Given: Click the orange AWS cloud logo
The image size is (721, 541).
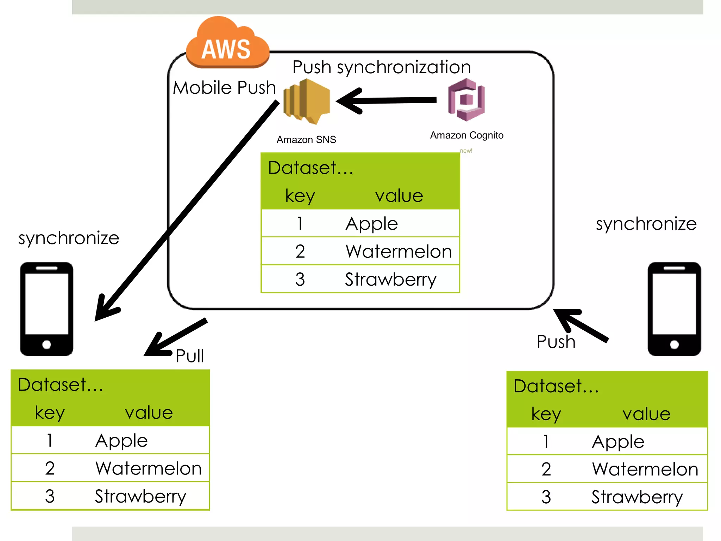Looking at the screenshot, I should [x=227, y=44].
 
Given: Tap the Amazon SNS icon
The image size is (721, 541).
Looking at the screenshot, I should [x=307, y=101].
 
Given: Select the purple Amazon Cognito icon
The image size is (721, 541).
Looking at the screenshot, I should [x=466, y=100].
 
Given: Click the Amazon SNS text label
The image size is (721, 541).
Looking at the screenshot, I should [x=306, y=140].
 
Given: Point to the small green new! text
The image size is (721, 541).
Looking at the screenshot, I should [x=466, y=151].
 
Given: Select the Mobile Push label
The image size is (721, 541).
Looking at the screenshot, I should [x=224, y=87].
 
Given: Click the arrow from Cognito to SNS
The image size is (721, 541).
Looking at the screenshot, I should [x=387, y=101].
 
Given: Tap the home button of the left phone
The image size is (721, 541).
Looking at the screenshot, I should [x=46, y=344].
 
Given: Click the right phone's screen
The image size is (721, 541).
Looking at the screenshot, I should [x=674, y=304].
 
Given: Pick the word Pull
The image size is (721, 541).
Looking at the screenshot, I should [x=190, y=356].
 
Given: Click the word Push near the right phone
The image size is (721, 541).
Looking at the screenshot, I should [x=556, y=342].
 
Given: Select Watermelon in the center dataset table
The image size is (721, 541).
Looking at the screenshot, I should [x=398, y=251].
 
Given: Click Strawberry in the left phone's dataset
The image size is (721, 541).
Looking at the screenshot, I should [x=140, y=496].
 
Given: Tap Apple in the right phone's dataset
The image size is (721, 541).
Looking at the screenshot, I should [x=618, y=442].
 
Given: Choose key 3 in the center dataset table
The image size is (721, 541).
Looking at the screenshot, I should [x=300, y=279].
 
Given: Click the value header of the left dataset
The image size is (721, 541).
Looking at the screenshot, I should [x=149, y=412].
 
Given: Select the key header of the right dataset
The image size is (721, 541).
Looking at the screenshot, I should [x=546, y=414].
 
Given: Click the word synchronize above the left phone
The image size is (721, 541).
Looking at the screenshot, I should [x=69, y=238].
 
